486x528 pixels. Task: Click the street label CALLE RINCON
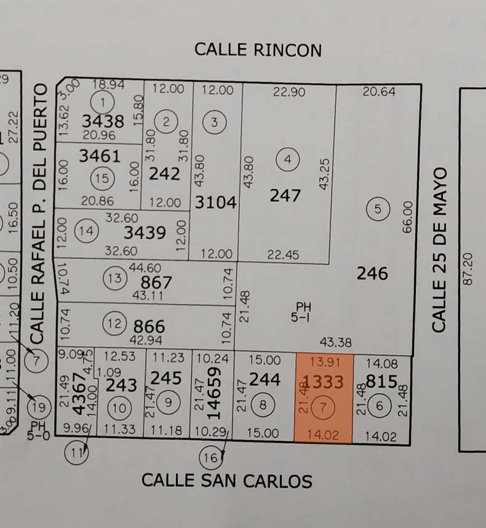258,50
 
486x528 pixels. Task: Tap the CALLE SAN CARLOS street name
226,481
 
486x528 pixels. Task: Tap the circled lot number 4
287,160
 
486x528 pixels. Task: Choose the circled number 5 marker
378,209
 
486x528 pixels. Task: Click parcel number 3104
216,202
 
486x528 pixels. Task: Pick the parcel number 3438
103,121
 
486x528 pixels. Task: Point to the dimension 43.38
336,342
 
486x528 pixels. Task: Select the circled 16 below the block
210,457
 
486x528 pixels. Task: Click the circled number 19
39,406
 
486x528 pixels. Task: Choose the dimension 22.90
289,91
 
